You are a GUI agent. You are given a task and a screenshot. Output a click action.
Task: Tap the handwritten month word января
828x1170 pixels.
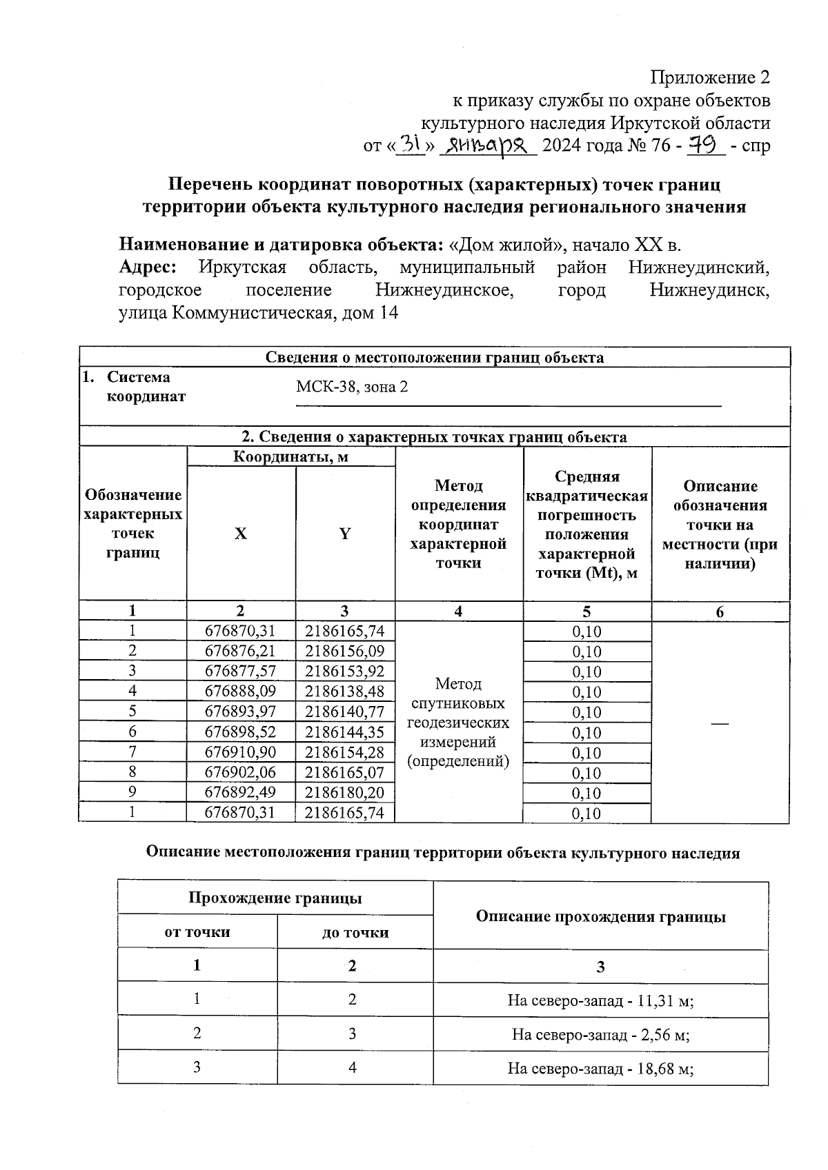(487, 145)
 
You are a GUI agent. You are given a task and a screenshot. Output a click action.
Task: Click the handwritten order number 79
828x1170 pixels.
(702, 145)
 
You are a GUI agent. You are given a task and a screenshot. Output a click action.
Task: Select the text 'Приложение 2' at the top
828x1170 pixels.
(710, 77)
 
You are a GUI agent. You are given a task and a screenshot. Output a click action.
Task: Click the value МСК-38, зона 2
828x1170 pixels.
(352, 387)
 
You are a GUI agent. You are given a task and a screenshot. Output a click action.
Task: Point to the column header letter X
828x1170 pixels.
(240, 534)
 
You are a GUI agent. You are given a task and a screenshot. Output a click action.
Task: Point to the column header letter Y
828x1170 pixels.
(344, 534)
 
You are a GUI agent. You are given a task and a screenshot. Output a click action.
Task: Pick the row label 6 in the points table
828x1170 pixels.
(132, 732)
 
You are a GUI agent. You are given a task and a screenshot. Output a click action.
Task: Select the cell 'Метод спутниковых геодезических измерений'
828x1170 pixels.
(458, 723)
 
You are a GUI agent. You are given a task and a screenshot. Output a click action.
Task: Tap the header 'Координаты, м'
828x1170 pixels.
(290, 456)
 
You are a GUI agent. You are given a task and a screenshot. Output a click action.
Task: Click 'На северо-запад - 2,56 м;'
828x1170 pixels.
(600, 1034)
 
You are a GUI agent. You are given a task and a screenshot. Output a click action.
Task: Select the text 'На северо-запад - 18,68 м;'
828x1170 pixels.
(600, 1068)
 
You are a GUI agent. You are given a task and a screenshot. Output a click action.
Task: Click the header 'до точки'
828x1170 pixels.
(355, 932)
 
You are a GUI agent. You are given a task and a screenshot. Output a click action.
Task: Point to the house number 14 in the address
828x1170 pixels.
(388, 313)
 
